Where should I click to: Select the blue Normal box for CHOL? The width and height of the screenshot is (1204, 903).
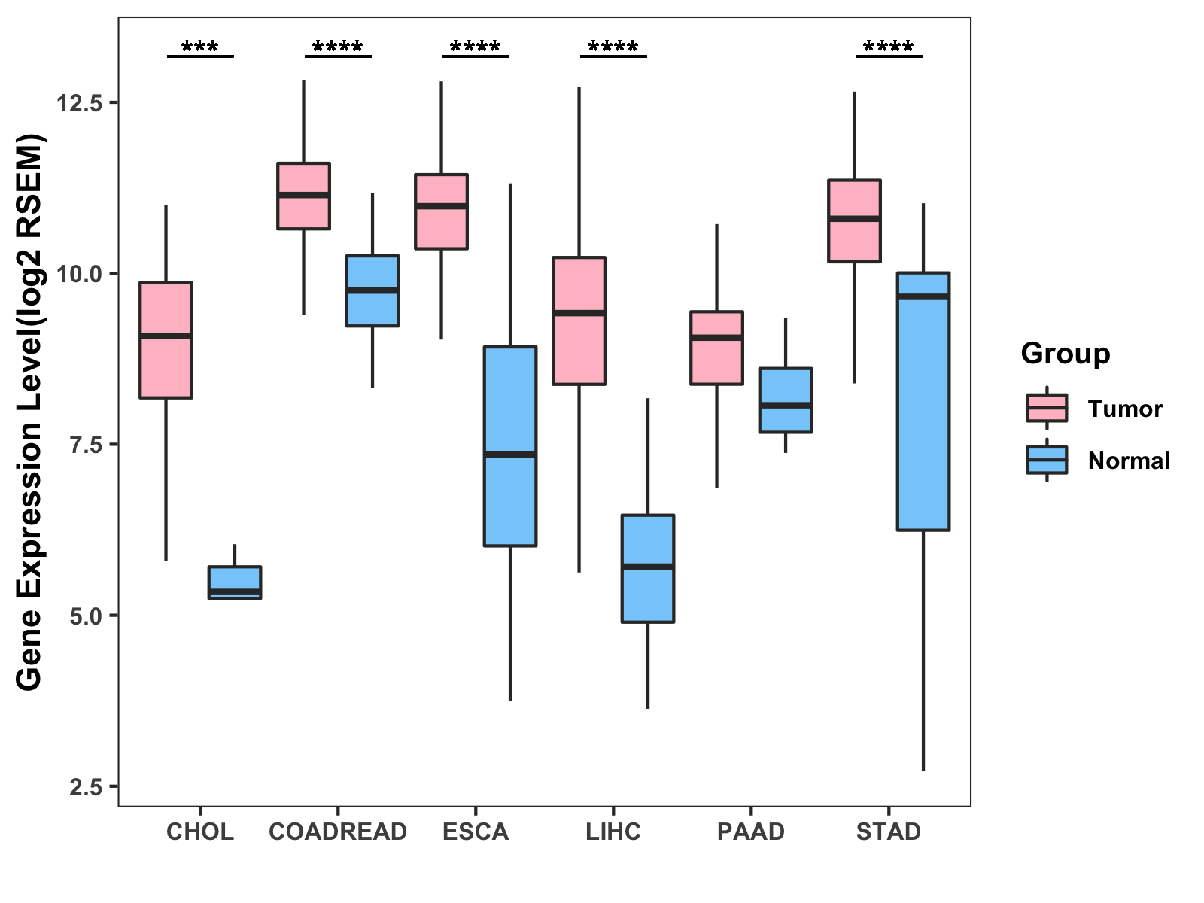(235, 582)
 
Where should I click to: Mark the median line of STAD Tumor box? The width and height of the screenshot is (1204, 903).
(854, 219)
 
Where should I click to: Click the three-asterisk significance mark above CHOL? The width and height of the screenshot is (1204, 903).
(200, 47)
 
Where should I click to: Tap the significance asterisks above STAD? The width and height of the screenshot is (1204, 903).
(889, 47)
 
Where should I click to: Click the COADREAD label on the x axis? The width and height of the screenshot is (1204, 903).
(338, 832)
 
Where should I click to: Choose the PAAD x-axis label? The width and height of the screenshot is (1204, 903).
(751, 832)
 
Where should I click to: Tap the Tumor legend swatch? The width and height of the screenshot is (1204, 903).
(1047, 408)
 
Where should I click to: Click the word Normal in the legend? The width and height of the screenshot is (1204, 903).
(1129, 461)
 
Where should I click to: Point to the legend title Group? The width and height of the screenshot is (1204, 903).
(1066, 354)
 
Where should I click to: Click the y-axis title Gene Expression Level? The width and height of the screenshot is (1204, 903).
(30, 412)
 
